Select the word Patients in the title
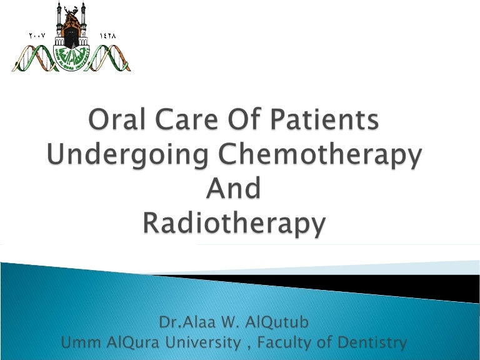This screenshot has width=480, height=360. [330, 121]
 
